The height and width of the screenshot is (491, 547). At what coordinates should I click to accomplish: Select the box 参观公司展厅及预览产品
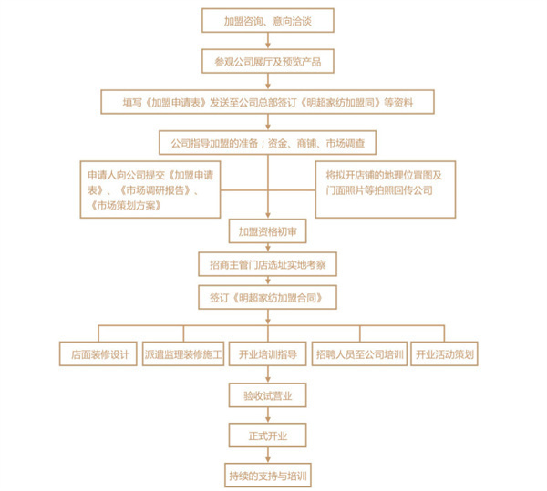click(x=266, y=61)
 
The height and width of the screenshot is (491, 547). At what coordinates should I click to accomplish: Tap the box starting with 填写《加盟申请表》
click(x=266, y=101)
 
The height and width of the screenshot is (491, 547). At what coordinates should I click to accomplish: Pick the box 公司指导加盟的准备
click(x=266, y=143)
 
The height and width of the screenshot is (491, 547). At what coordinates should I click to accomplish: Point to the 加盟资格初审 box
click(x=266, y=231)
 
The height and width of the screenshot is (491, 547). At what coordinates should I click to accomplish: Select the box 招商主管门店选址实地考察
click(x=266, y=264)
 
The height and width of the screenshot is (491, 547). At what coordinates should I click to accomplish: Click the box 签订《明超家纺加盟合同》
click(x=266, y=297)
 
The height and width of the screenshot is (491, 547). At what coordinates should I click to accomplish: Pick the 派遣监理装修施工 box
click(x=182, y=353)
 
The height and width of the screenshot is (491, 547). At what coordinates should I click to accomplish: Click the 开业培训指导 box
click(x=267, y=353)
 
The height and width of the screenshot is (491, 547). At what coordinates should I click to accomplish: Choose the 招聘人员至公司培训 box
click(x=358, y=353)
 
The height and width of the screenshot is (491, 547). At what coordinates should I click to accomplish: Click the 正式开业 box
click(x=266, y=435)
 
